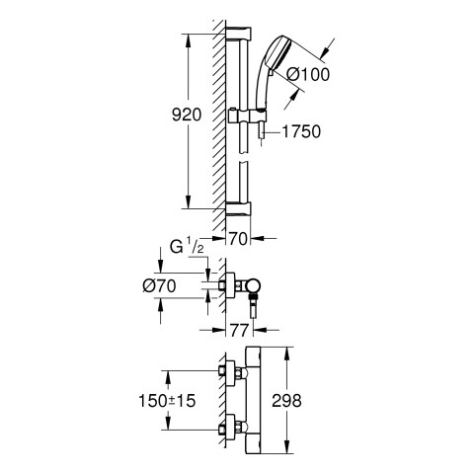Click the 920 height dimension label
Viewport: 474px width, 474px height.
pos(187,116)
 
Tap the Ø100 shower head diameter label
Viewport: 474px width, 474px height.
pos(308,74)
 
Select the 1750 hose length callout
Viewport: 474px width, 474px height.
pos(301,131)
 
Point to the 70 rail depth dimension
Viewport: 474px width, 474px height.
pos(238,239)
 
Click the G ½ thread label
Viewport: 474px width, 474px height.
pos(187,247)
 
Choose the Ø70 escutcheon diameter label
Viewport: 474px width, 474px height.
pos(159,285)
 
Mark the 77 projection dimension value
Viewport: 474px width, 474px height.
pos(239,330)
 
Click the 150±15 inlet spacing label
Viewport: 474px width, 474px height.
pos(167,401)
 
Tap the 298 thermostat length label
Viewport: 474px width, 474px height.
pos(286,401)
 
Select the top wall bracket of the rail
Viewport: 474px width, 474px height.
pos(239,34)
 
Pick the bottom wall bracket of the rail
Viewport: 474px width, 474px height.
pos(239,208)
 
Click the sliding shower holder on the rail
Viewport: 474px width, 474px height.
pos(247,116)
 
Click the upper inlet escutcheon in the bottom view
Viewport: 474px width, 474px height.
pos(230,373)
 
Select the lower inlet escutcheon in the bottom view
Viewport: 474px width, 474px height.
pos(230,428)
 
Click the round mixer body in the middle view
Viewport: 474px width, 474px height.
pos(254,286)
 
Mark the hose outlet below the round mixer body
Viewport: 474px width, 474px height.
pos(253,306)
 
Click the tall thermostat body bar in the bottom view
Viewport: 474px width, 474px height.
pos(253,401)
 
